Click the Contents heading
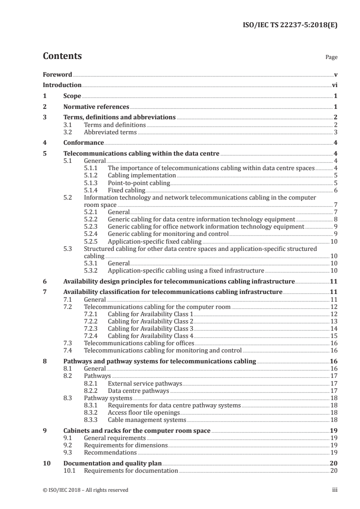point(62,56)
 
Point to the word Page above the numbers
point(331,58)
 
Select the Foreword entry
point(57,74)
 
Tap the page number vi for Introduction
point(334,85)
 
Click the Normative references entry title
point(96,107)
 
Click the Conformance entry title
point(84,143)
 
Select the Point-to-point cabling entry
point(139,183)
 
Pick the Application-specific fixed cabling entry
point(154,241)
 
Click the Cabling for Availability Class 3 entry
point(151,328)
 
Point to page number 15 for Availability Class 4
point(334,336)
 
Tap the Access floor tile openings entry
point(144,412)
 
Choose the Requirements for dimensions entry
point(126,445)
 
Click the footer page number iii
point(335,490)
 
